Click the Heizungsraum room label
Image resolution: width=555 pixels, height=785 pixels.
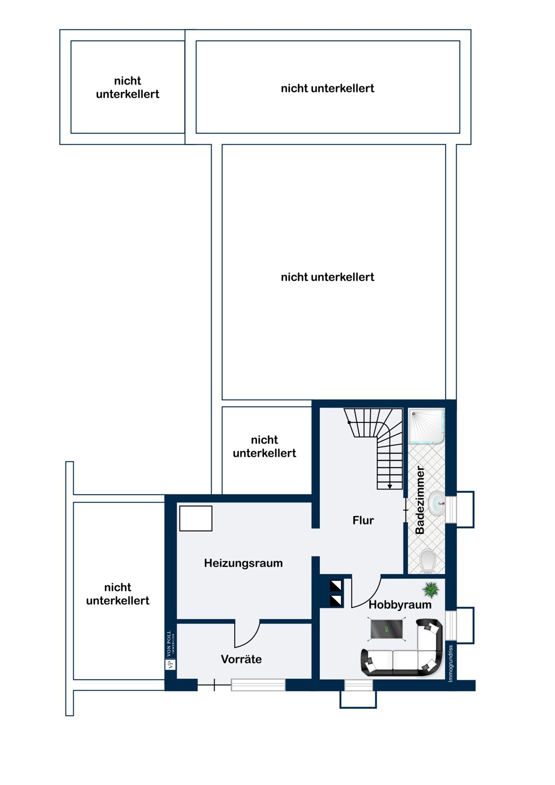(x=243, y=563)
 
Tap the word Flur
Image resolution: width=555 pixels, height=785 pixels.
(x=363, y=520)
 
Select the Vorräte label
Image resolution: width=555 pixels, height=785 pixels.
(x=241, y=659)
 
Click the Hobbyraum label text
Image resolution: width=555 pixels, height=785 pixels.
(x=400, y=604)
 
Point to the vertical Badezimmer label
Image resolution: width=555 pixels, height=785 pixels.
(x=420, y=500)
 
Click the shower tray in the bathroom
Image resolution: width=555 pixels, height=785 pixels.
(x=427, y=426)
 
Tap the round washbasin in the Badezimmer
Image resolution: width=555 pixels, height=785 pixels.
(x=436, y=504)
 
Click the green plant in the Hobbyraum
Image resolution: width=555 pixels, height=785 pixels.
(x=431, y=589)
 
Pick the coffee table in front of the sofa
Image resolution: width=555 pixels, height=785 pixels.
(x=386, y=630)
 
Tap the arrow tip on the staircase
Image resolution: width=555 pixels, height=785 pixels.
(x=390, y=487)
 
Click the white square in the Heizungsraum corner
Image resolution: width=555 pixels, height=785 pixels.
(x=196, y=518)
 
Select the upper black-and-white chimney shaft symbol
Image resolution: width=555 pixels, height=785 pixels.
(x=336, y=586)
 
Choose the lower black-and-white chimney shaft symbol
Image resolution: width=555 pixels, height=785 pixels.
(x=336, y=601)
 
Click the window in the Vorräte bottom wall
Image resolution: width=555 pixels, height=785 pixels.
(x=258, y=685)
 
